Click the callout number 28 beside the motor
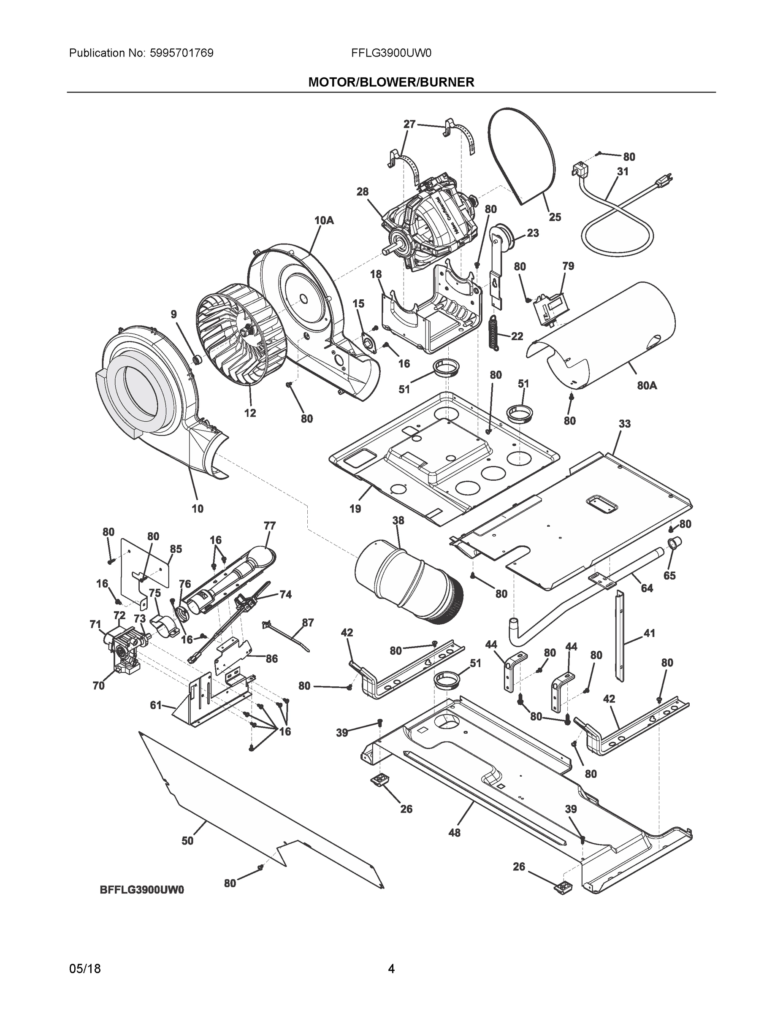click(362, 192)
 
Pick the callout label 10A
click(324, 220)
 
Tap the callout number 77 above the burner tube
click(269, 525)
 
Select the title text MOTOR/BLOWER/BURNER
click(391, 82)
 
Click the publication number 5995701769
click(182, 53)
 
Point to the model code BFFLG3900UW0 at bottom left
click(142, 890)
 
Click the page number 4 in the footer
click(391, 969)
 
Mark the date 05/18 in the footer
click(85, 969)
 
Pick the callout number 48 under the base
click(455, 833)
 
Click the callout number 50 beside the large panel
click(187, 840)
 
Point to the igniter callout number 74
click(286, 594)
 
